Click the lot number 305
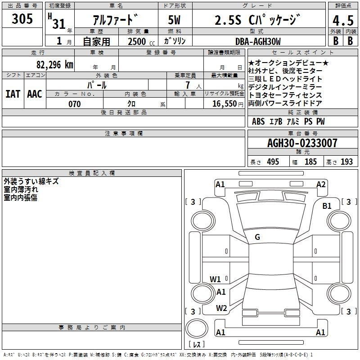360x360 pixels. [22, 18]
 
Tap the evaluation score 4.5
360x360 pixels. [343, 20]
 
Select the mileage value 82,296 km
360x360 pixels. [54, 64]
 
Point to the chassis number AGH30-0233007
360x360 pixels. [302, 143]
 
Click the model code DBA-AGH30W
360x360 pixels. [258, 41]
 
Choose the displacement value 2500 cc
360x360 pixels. [141, 41]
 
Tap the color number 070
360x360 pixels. [75, 104]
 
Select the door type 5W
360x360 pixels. [174, 20]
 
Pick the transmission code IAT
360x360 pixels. [13, 94]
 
